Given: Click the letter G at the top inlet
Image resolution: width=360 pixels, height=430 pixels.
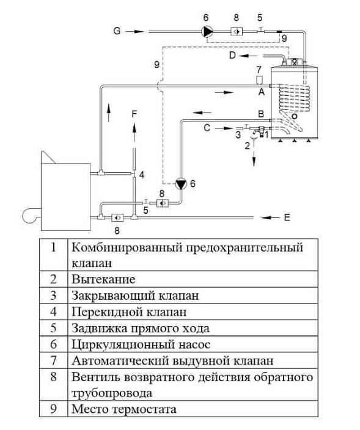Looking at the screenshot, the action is point(117,31).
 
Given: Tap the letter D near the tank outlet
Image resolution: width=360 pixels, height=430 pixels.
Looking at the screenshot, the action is point(232,56).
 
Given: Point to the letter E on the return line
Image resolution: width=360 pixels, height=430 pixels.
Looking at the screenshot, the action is point(287,217).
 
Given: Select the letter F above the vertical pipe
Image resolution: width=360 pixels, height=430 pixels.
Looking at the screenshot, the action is point(134,114).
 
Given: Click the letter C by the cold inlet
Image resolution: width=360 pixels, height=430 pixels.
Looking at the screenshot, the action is point(207,128).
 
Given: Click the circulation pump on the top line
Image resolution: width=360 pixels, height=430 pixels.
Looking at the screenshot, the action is point(208,32).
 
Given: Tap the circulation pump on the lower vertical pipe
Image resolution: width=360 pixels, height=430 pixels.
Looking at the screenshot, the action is point(181,184).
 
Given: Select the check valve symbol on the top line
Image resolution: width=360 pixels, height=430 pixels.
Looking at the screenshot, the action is point(237,32).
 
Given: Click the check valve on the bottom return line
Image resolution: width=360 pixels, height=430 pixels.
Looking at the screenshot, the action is point(117,217).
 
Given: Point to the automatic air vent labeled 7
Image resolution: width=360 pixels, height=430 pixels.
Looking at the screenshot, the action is point(259,81).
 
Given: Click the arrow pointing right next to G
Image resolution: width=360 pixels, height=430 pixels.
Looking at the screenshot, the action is point(134,32).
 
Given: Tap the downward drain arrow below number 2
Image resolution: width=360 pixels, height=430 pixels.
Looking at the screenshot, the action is point(254,159).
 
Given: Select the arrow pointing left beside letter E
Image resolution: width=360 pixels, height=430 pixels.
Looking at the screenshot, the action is point(271,217).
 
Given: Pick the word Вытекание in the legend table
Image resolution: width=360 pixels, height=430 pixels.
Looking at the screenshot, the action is point(103,280).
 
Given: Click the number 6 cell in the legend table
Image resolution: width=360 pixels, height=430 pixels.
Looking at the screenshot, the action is point(54,344).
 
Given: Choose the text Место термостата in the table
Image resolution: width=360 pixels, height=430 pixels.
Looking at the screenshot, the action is point(123,409).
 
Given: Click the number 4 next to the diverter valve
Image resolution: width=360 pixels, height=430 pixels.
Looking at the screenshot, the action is point(142,175).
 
